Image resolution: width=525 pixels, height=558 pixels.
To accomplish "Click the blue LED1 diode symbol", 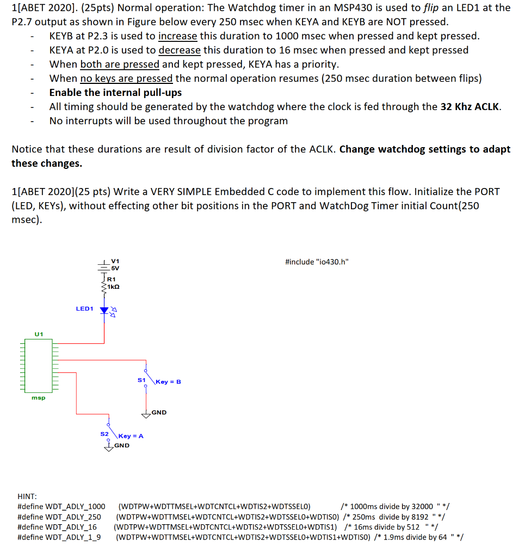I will (x=104, y=310).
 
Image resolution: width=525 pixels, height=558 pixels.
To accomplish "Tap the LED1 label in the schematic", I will (x=84, y=309).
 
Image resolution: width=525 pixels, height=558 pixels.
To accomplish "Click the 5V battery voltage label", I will (x=115, y=268).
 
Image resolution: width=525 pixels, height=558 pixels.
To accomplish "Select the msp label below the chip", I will (x=38, y=398).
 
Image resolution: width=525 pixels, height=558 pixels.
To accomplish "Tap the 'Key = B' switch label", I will (x=168, y=381).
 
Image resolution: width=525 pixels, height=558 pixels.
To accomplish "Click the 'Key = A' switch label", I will (x=131, y=436).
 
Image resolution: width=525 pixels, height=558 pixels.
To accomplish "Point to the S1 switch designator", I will (x=141, y=379).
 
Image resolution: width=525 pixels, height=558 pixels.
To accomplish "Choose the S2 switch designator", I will (x=104, y=434).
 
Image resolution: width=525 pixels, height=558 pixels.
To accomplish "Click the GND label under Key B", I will (x=159, y=413).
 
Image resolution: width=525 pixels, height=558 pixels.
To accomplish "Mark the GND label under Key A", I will (x=122, y=445).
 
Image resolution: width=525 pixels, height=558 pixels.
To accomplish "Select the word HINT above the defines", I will (x=27, y=496).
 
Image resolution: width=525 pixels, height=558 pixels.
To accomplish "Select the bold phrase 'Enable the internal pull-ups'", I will (x=115, y=93).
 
